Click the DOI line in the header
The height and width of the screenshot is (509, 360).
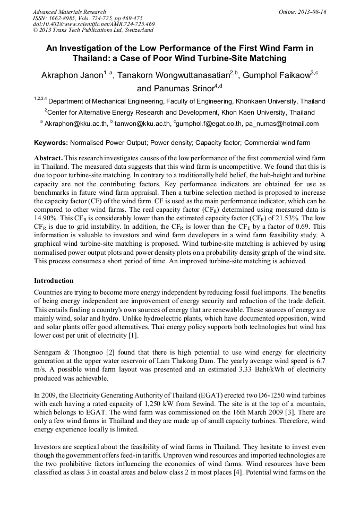click(94, 24)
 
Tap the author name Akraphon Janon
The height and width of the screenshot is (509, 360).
click(71, 76)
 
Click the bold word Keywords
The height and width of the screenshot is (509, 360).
click(50, 143)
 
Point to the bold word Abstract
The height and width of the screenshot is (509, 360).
click(49, 159)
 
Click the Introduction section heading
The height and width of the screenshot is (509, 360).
click(54, 281)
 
